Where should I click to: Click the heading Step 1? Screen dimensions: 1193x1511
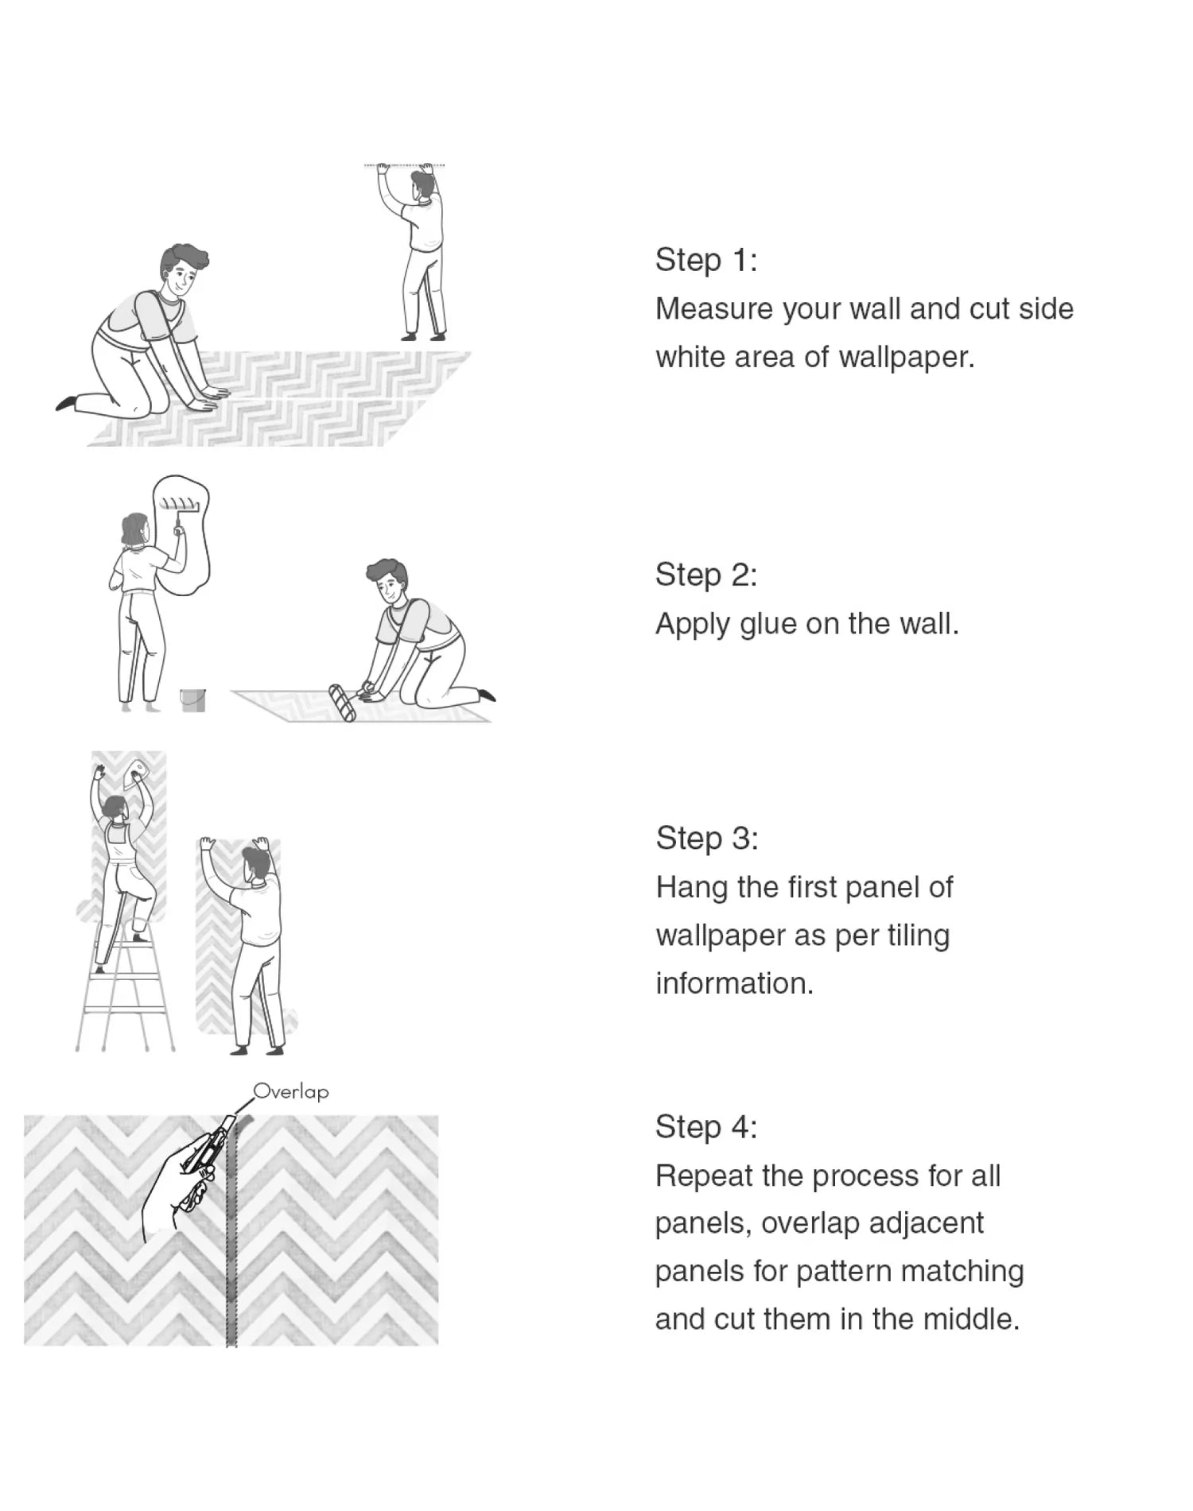(705, 260)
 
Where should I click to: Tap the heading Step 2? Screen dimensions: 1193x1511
(705, 575)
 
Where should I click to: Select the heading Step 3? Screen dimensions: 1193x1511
(706, 838)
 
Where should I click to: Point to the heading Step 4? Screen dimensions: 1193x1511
(705, 1126)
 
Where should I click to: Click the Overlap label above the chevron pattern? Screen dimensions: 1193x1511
(291, 1091)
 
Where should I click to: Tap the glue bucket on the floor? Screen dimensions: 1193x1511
(192, 699)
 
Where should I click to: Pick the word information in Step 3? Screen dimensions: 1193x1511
(734, 983)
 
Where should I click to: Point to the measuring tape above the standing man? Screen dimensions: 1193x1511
(405, 165)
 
